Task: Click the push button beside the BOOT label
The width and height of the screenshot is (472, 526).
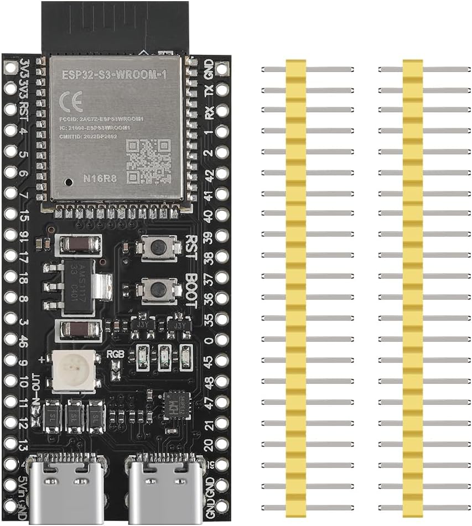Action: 159,289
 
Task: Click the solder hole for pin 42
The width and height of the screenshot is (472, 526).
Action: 222,174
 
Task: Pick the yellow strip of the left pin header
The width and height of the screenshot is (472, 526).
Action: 296,288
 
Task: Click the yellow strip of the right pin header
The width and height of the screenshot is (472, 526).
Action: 412,288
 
